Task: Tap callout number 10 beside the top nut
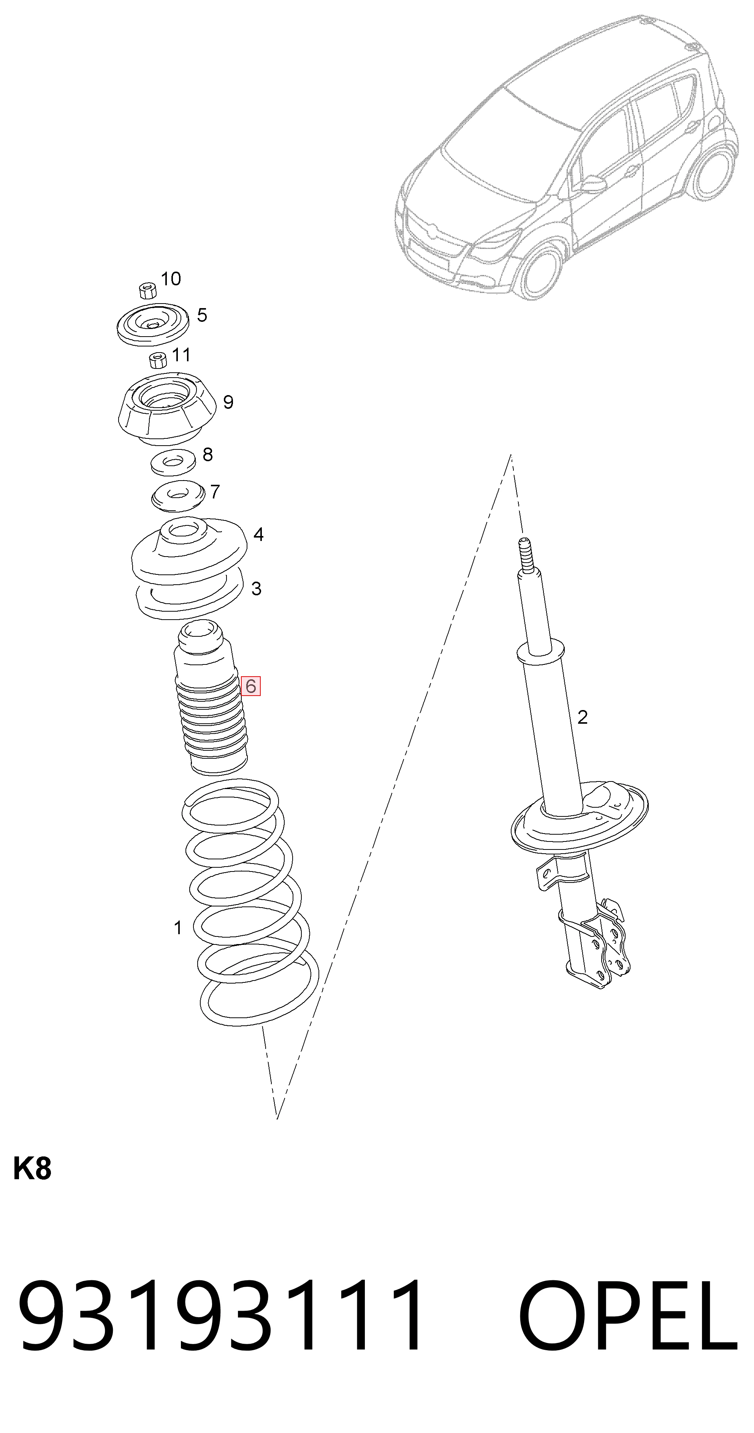171,279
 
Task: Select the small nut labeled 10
147,290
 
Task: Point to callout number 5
202,315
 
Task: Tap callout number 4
258,535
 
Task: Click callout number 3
256,588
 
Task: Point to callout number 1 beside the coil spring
177,927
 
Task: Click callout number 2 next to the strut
582,717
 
